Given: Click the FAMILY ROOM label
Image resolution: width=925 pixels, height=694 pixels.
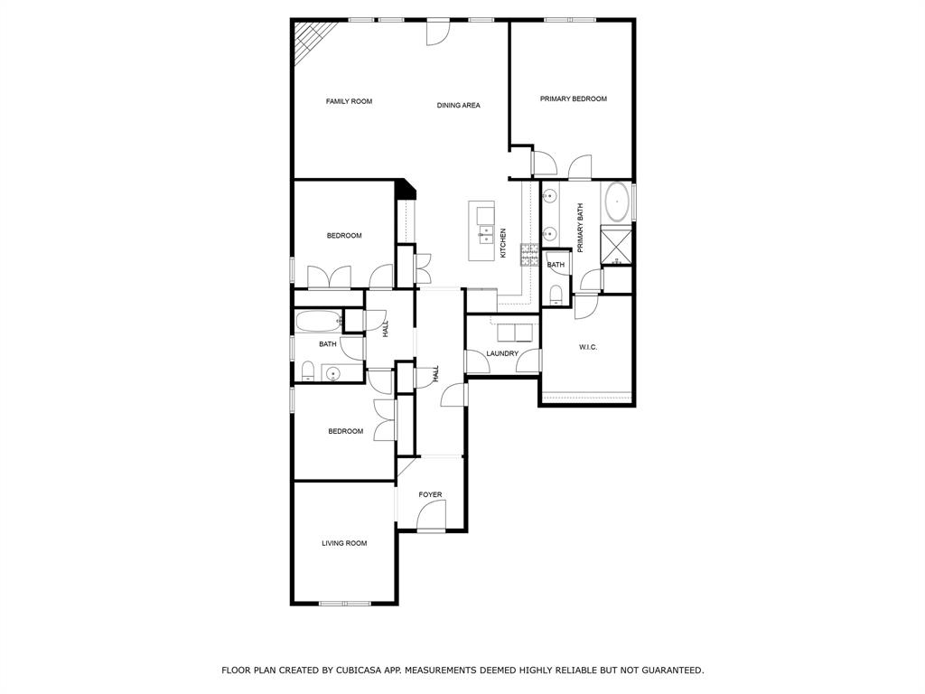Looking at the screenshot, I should pyautogui.click(x=349, y=101).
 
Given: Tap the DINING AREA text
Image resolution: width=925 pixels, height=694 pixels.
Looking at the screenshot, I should pyautogui.click(x=458, y=106).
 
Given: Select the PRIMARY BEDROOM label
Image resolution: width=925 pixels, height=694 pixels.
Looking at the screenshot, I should pyautogui.click(x=573, y=98).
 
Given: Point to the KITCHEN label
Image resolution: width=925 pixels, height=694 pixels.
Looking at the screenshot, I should pyautogui.click(x=503, y=244).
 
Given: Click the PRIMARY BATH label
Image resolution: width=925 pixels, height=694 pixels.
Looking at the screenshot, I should pyautogui.click(x=581, y=227).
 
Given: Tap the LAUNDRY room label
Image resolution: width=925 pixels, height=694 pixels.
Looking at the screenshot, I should pyautogui.click(x=501, y=353).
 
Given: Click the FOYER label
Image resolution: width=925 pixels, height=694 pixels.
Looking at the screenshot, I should pyautogui.click(x=430, y=494).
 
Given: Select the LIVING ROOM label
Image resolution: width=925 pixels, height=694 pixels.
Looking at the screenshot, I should pyautogui.click(x=344, y=543).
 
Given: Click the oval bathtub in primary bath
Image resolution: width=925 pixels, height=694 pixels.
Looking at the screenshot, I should pyautogui.click(x=617, y=202).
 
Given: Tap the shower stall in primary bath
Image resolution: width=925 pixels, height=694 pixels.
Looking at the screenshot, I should pyautogui.click(x=616, y=244).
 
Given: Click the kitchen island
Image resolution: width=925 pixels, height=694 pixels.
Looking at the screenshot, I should pyautogui.click(x=485, y=231).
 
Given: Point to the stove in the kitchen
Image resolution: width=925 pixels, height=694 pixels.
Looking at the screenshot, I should pyautogui.click(x=528, y=254).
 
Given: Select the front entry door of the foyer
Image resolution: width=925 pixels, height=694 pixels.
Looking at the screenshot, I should pyautogui.click(x=432, y=518).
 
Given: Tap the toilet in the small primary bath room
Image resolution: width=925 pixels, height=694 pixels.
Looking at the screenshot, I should pyautogui.click(x=556, y=294).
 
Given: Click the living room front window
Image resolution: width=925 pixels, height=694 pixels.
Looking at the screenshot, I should pyautogui.click(x=344, y=603).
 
